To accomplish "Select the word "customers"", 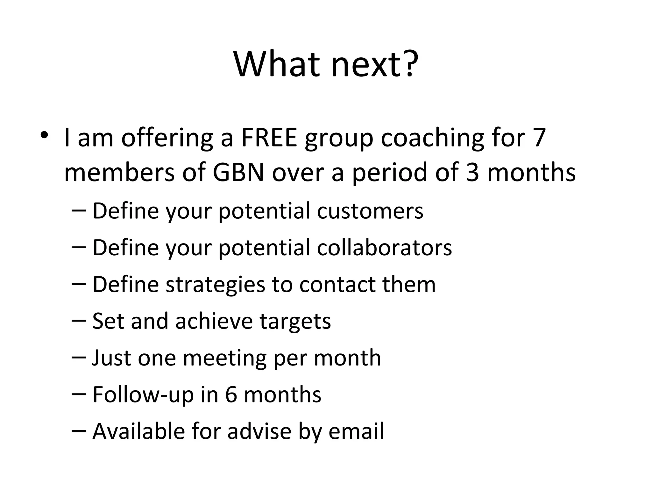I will tap(370, 211).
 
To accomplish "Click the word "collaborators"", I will tap(384, 248).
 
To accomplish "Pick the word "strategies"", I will tap(215, 284).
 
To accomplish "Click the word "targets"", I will tap(295, 321).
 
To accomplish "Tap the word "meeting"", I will tap(224, 358).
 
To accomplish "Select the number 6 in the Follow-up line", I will tap(231, 394).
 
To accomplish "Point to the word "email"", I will tap(356, 431).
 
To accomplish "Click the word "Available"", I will tap(138, 431).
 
